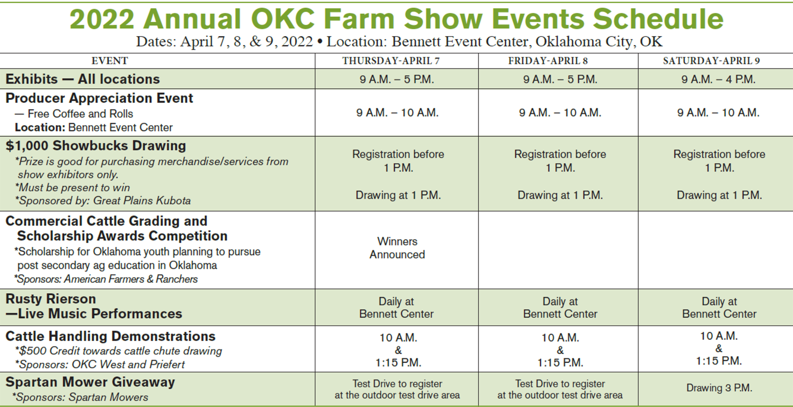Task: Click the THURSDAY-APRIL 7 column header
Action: [391, 61]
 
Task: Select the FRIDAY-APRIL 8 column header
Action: [548, 61]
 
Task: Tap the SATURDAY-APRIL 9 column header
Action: [711, 61]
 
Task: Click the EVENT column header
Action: [110, 61]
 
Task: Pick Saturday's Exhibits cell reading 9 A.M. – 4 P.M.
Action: [718, 79]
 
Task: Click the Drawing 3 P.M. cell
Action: [719, 388]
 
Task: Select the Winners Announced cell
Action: [397, 248]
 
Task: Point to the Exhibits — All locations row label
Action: [82, 79]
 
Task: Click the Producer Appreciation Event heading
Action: [99, 98]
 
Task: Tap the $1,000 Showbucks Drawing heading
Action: [96, 145]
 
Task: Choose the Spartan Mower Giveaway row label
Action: [90, 382]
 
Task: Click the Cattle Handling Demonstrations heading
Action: [110, 336]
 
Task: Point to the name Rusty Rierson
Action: [51, 299]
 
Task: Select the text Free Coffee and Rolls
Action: [80, 114]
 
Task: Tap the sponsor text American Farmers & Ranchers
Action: [131, 279]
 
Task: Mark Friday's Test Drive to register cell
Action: [560, 389]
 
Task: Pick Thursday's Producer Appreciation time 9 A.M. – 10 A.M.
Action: [397, 113]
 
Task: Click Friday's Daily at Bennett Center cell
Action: [560, 308]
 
